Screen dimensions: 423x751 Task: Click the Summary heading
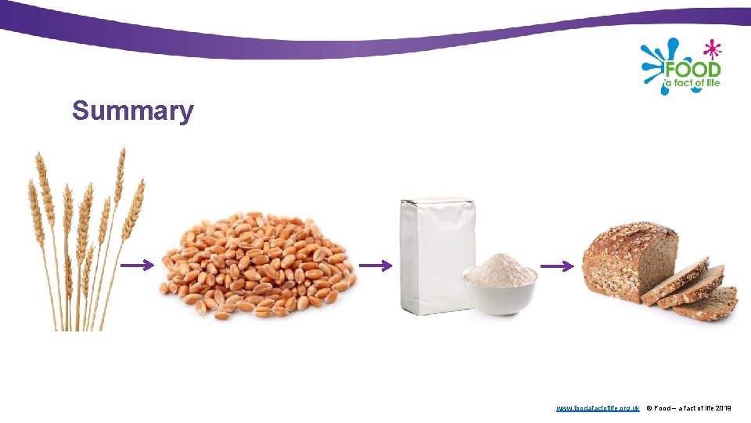point(132,111)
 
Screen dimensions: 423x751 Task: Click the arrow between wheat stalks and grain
point(137,266)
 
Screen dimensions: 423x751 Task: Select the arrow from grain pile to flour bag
point(375,266)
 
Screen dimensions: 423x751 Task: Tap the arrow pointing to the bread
point(557,266)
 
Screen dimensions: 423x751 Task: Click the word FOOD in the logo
point(692,68)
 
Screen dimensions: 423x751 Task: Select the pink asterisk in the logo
point(711,49)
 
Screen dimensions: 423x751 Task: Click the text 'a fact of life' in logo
point(692,82)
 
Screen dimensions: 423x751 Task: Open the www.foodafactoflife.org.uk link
point(598,408)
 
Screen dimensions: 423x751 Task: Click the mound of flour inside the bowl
point(500,269)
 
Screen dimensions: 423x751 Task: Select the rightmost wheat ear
point(135,208)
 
